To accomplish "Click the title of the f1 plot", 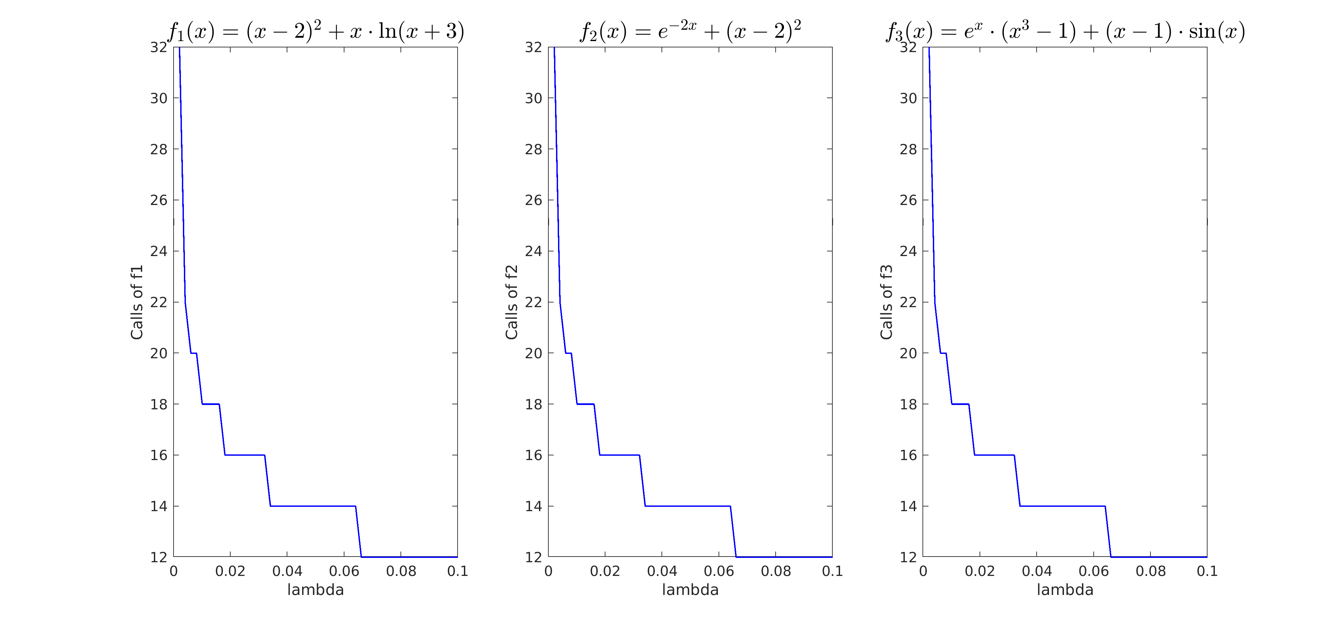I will pyautogui.click(x=316, y=31).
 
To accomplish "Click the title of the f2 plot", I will pyautogui.click(x=690, y=31).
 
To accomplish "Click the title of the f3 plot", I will pyautogui.click(x=1065, y=31).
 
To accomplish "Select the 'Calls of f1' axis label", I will pyautogui.click(x=137, y=302).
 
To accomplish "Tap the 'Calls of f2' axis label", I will pyautogui.click(x=512, y=302).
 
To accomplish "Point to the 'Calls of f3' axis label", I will pyautogui.click(x=886, y=302).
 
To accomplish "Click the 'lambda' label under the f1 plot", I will pyautogui.click(x=316, y=590).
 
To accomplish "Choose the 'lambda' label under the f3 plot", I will pyautogui.click(x=1065, y=590).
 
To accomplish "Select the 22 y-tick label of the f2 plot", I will pyautogui.click(x=533, y=302).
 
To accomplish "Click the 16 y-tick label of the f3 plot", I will pyautogui.click(x=908, y=455).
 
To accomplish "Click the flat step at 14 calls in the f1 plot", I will pyautogui.click(x=313, y=506).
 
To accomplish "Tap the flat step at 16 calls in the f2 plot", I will pyautogui.click(x=619, y=455).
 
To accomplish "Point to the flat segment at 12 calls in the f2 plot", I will pyautogui.click(x=784, y=557).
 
